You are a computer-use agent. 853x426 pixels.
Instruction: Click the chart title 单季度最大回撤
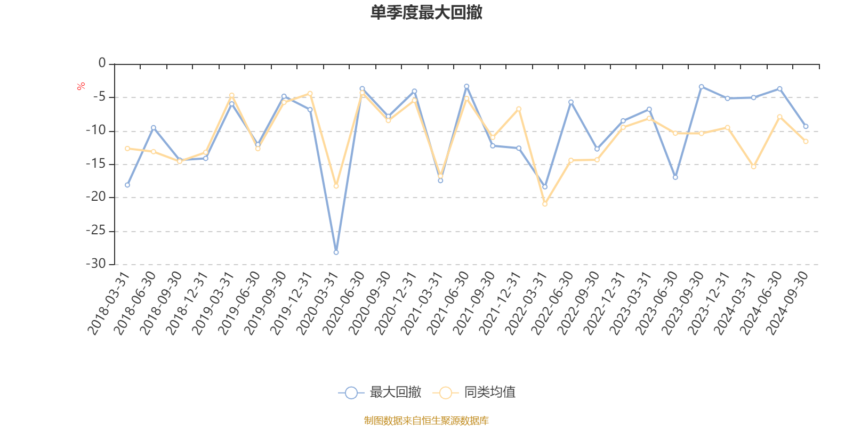tap(426, 12)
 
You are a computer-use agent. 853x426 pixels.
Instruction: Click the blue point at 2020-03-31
tap(336, 252)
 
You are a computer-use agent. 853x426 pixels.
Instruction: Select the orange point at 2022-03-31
tap(545, 204)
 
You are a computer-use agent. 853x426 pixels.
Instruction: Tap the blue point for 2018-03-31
tap(127, 185)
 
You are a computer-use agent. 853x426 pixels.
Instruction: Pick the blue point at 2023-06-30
tap(675, 177)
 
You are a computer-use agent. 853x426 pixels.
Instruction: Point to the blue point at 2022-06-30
tap(571, 102)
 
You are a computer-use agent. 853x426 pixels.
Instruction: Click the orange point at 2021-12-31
tap(519, 109)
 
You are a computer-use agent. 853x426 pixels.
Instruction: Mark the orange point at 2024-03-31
tap(754, 167)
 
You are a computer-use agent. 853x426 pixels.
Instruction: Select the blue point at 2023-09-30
tap(701, 86)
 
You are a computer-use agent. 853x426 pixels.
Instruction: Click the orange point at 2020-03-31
tap(336, 186)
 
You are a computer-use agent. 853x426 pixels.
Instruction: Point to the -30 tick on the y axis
tap(96, 264)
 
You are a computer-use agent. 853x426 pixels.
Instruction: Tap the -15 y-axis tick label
tap(96, 163)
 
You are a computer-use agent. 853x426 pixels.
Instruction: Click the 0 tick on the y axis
tap(102, 63)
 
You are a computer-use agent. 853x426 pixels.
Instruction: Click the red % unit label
tap(81, 86)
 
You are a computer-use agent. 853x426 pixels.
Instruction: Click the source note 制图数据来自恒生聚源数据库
tap(426, 421)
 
